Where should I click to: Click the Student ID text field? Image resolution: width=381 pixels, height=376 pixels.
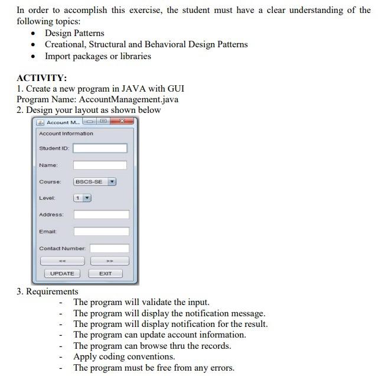click(x=100, y=148)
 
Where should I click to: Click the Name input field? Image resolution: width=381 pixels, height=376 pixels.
click(x=100, y=165)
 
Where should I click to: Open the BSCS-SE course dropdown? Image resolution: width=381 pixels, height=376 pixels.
click(x=95, y=181)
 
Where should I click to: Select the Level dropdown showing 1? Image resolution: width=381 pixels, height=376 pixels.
click(x=82, y=198)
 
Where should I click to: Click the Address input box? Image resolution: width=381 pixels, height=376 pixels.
click(x=101, y=215)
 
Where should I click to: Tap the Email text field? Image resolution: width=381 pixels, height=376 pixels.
click(x=101, y=231)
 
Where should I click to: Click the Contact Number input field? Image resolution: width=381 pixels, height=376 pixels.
click(x=109, y=248)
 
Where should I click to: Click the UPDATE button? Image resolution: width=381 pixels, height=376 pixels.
click(x=62, y=273)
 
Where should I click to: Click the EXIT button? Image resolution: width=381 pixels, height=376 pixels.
click(x=105, y=273)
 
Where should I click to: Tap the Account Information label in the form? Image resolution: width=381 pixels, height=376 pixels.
click(x=66, y=134)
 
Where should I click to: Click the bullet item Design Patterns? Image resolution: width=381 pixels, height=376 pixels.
click(x=74, y=33)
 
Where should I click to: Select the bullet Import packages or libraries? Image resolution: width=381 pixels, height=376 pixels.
click(x=98, y=56)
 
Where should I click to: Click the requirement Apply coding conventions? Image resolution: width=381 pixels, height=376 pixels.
click(x=124, y=356)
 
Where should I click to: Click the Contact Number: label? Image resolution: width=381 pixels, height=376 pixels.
click(x=62, y=248)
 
